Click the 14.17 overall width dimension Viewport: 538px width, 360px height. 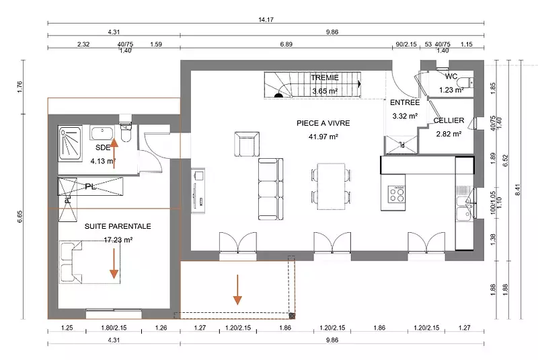(x=266, y=20)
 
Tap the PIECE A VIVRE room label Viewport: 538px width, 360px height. (x=323, y=123)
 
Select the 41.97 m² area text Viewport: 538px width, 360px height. (x=323, y=137)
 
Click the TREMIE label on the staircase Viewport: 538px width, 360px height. (x=325, y=77)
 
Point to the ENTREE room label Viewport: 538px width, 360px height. (x=405, y=102)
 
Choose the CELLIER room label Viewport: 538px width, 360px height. (x=449, y=120)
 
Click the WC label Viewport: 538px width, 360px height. (x=451, y=76)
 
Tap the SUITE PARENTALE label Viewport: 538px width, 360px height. (x=118, y=226)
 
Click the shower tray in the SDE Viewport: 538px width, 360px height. (x=71, y=143)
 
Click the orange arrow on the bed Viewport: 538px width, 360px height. (x=114, y=264)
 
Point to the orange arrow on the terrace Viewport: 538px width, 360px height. (x=237, y=289)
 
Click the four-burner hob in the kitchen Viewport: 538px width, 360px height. (x=396, y=194)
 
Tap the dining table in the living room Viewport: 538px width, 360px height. (x=331, y=186)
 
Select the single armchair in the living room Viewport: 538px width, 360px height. (x=247, y=144)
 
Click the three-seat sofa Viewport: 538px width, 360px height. (x=271, y=189)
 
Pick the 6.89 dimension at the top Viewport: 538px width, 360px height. (x=286, y=44)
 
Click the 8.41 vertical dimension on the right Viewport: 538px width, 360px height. (x=518, y=190)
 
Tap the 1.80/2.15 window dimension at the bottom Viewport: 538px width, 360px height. (x=114, y=328)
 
